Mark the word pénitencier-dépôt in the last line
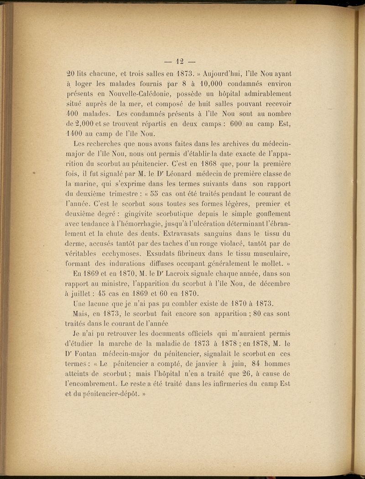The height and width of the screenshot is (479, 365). coord(108,394)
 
